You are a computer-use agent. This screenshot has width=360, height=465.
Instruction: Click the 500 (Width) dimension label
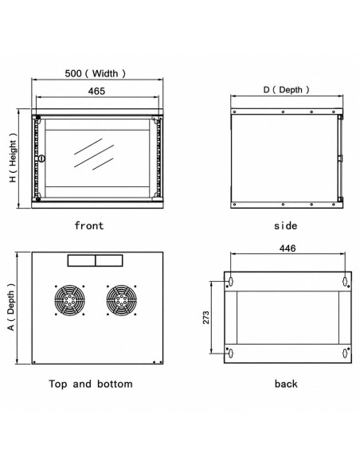pyautogui.click(x=96, y=73)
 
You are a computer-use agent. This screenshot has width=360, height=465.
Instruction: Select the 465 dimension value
pyautogui.click(x=96, y=91)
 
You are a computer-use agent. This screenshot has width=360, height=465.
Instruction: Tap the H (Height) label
pyautogui.click(x=13, y=158)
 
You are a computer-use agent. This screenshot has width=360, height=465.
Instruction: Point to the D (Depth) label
pyautogui.click(x=286, y=89)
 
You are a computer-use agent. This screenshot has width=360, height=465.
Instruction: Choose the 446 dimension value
pyautogui.click(x=288, y=248)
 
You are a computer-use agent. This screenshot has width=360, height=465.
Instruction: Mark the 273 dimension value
pyautogui.click(x=206, y=318)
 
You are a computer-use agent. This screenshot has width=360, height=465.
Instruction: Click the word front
pyautogui.click(x=89, y=225)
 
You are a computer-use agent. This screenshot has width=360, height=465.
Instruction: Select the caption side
pyautogui.click(x=285, y=225)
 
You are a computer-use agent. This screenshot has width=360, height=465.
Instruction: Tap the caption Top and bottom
pyautogui.click(x=91, y=384)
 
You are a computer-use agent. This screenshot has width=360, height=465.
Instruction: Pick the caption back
pyautogui.click(x=286, y=384)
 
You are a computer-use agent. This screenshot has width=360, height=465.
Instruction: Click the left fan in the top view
pyautogui.click(x=69, y=300)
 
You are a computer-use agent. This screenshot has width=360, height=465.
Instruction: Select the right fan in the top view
pyautogui.click(x=121, y=300)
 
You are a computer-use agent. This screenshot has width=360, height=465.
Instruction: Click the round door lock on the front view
pyautogui.click(x=41, y=158)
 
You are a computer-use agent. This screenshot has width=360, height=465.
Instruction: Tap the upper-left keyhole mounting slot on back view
pyautogui.click(x=231, y=280)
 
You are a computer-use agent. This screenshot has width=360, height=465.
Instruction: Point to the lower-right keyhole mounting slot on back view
pyautogui.click(x=345, y=353)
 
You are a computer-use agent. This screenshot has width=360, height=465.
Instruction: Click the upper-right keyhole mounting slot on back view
pyautogui.click(x=345, y=280)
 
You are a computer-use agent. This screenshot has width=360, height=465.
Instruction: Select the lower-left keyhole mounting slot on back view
pyautogui.click(x=231, y=353)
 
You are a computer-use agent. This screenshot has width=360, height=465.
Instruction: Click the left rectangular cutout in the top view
pyautogui.click(x=81, y=260)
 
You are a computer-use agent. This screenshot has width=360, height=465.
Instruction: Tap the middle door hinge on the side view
pyautogui.click(x=340, y=158)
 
